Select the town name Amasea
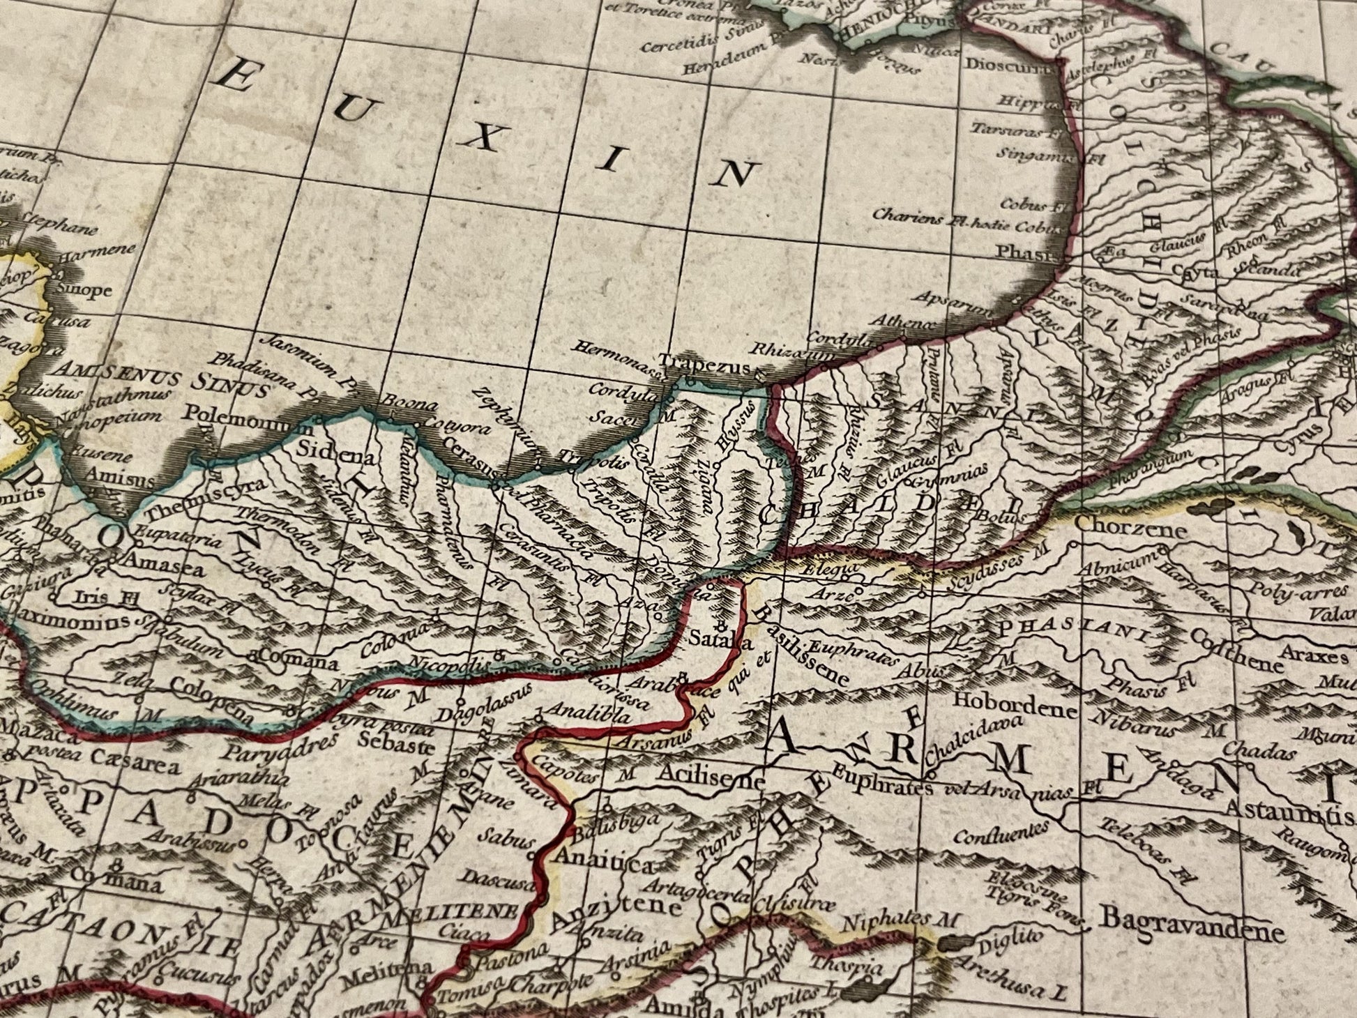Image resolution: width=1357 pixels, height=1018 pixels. [x=165, y=568]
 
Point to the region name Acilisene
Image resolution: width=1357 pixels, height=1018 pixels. [x=710, y=782]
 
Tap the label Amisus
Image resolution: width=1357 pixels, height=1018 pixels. [x=119, y=481]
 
